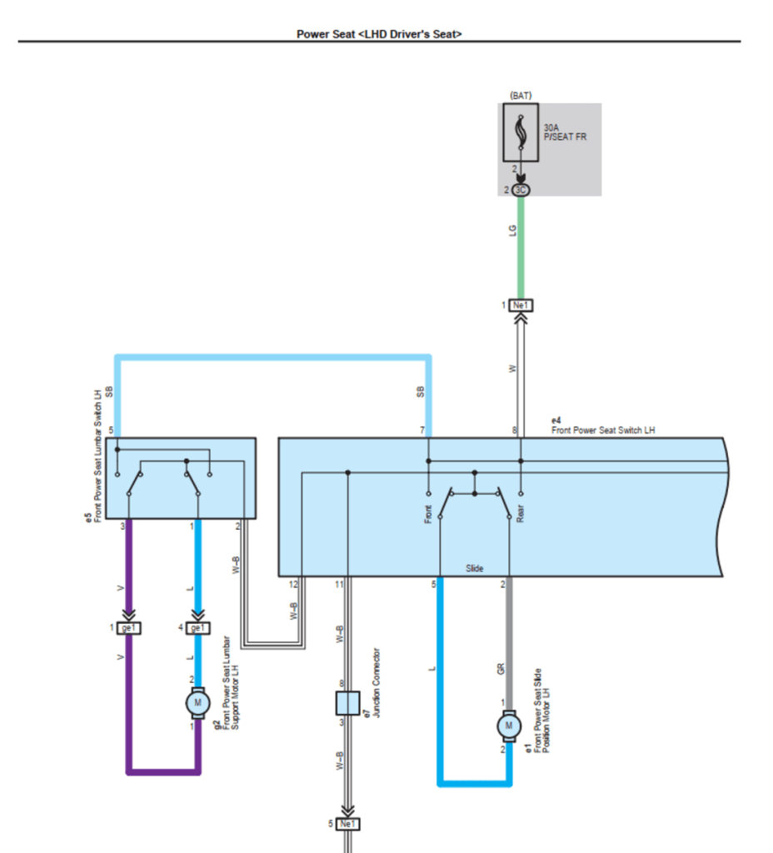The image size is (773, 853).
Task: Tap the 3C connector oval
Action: [x=521, y=190]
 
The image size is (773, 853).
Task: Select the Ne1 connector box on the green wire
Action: [x=521, y=306]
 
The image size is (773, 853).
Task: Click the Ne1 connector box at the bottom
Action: [x=347, y=824]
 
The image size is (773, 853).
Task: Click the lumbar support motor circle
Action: [x=197, y=703]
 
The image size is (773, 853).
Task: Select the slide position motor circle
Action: [x=508, y=726]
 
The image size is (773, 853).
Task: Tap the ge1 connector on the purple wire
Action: [x=129, y=627]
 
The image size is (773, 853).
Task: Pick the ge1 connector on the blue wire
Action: [x=197, y=627]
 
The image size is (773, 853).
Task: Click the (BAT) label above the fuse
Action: [x=521, y=96]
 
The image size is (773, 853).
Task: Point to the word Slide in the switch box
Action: [x=475, y=569]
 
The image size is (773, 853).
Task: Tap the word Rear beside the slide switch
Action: [x=521, y=515]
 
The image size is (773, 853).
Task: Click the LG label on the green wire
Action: [x=513, y=231]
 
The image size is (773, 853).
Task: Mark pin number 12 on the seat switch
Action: [x=293, y=584]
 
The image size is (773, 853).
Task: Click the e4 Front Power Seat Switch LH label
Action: [x=602, y=426]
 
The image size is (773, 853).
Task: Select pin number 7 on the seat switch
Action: [x=422, y=430]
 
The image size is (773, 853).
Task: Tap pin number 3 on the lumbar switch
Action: [x=122, y=526]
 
